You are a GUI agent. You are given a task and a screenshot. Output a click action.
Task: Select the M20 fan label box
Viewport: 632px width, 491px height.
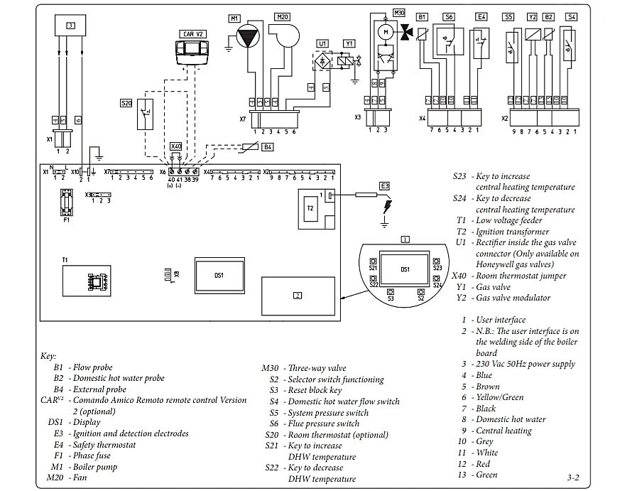point(282,17)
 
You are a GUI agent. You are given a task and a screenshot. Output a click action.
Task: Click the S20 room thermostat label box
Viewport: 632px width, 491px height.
point(126,103)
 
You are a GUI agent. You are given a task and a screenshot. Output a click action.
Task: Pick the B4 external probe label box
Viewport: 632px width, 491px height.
point(267,147)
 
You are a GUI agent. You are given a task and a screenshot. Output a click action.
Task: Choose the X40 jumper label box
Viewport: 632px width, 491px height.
point(176,146)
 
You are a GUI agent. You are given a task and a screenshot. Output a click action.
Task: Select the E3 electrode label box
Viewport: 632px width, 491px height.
point(384,186)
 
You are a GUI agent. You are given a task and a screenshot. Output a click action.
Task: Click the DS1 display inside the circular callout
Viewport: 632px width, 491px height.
point(405,271)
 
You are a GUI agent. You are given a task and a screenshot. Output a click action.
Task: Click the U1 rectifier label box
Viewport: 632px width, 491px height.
point(322,43)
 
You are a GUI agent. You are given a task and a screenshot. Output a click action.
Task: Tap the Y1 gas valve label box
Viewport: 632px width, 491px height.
point(349,43)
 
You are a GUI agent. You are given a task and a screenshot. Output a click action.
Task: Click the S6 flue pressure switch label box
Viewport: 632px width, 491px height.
point(449,16)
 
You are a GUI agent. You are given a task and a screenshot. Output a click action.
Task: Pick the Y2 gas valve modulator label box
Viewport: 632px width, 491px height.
point(532,16)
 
